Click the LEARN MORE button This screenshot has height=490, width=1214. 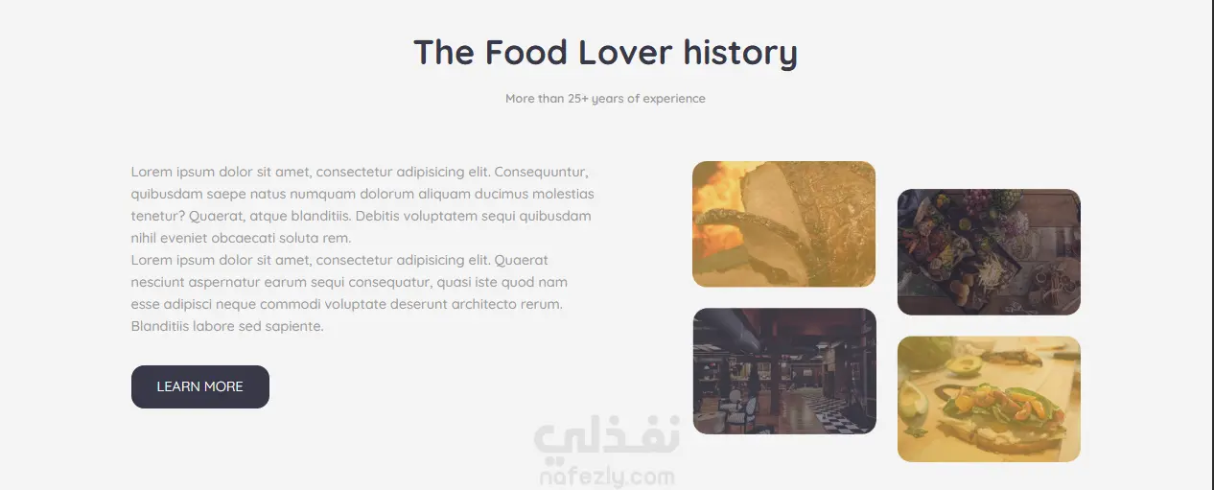(200, 386)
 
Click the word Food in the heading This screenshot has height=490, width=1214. (525, 53)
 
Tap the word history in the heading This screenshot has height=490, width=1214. (740, 54)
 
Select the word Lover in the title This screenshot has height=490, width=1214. (625, 53)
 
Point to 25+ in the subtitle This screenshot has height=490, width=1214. (577, 99)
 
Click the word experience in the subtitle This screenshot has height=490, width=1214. (674, 99)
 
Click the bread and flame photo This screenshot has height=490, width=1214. (783, 223)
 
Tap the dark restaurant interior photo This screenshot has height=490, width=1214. (784, 371)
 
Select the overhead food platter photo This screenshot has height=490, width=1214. (989, 252)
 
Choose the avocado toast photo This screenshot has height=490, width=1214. (989, 399)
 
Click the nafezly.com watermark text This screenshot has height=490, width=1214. (607, 477)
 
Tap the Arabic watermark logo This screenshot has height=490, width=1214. (606, 436)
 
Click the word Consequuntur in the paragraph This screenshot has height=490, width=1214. (541, 173)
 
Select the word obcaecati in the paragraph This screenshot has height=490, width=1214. (247, 238)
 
